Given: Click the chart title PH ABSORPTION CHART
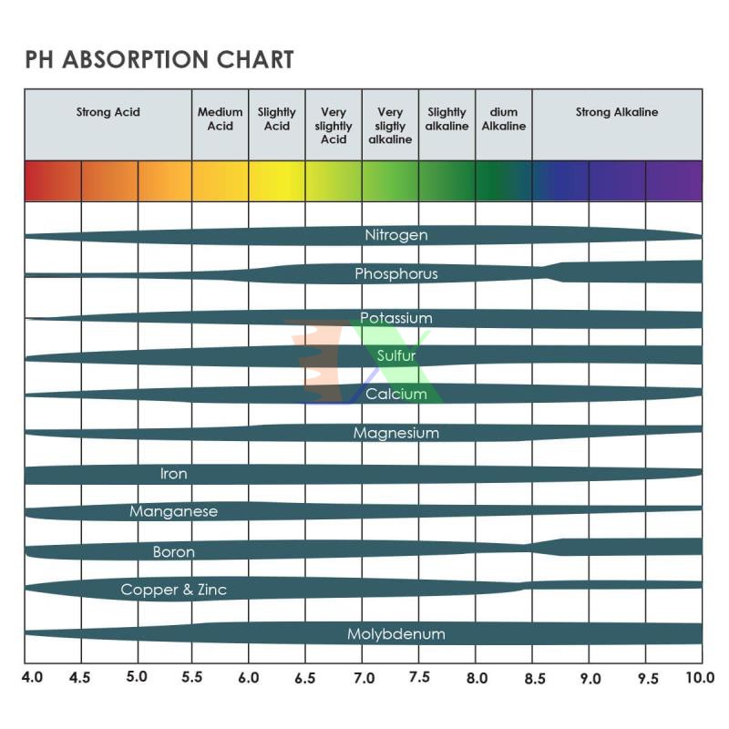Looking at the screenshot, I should click(159, 60).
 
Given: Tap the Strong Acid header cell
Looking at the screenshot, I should click(108, 113).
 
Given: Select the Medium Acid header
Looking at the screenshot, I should click(221, 119).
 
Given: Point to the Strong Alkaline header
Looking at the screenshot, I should click(617, 113).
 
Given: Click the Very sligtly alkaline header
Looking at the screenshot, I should click(390, 126).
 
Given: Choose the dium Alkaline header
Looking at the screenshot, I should click(504, 119).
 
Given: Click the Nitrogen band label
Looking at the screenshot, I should click(396, 235).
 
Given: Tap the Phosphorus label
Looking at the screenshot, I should click(396, 273).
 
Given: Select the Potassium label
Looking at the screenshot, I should click(396, 318).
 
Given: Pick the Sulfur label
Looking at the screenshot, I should click(396, 355).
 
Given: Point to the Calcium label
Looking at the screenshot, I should click(396, 395).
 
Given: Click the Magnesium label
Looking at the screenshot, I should click(396, 434).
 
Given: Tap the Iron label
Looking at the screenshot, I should click(174, 474).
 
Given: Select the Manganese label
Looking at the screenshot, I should click(174, 512).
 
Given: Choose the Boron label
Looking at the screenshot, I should click(174, 552).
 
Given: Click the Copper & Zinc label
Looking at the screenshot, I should click(174, 590).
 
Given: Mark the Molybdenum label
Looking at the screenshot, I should click(396, 634).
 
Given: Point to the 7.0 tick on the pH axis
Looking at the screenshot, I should click(364, 679).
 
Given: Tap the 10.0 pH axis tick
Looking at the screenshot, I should click(701, 679).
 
